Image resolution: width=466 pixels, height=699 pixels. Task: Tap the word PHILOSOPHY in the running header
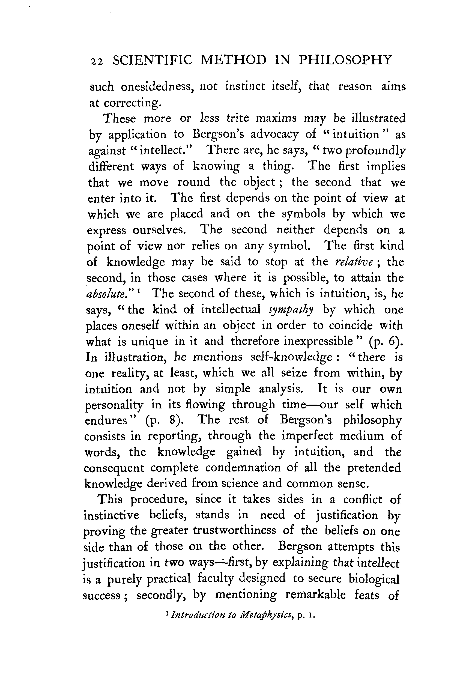tap(345, 60)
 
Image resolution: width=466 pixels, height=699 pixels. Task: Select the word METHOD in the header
tap(233, 60)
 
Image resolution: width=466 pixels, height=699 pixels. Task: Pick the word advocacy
tap(274, 134)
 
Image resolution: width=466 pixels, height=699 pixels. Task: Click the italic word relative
tap(353, 262)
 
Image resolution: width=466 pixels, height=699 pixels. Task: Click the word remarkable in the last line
tap(315, 595)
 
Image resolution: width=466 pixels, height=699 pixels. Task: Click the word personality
tap(114, 405)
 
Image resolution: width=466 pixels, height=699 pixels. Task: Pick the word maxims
tap(276, 118)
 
